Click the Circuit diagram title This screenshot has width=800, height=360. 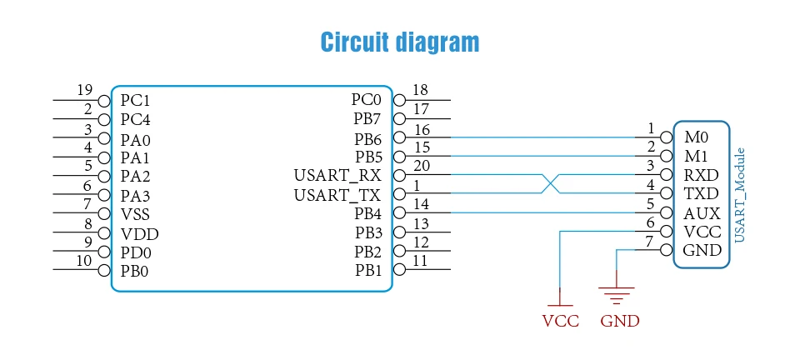[400, 42]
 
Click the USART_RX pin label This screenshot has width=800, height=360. [337, 176]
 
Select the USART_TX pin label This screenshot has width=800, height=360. [337, 195]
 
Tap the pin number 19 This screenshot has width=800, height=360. [85, 90]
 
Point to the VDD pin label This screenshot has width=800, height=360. [140, 234]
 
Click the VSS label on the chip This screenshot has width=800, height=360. [135, 214]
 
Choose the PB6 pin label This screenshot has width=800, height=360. [367, 138]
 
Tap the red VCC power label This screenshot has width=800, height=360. [560, 321]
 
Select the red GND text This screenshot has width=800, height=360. [620, 321]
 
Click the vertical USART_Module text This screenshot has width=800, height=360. [740, 195]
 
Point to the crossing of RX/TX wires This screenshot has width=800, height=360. [551, 183]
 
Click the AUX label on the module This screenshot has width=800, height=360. [702, 213]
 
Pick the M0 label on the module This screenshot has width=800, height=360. [696, 137]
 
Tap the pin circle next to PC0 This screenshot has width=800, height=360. [399, 101]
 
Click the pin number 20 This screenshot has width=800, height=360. [422, 166]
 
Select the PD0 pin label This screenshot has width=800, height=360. [136, 253]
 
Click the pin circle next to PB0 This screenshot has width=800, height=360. [104, 270]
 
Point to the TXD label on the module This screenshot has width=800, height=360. [701, 194]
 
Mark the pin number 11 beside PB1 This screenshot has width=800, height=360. [420, 261]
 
